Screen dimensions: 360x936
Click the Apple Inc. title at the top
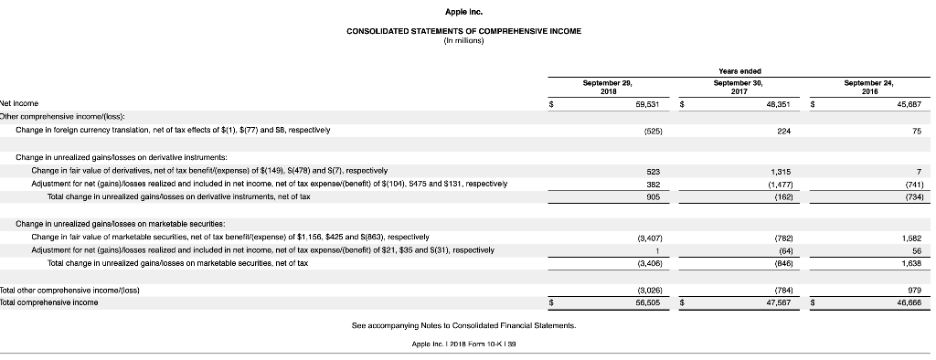click(463, 13)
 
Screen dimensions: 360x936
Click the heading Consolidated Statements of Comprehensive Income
click(463, 31)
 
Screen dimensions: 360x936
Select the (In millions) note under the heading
click(463, 39)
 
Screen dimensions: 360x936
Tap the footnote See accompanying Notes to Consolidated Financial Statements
click(463, 325)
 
